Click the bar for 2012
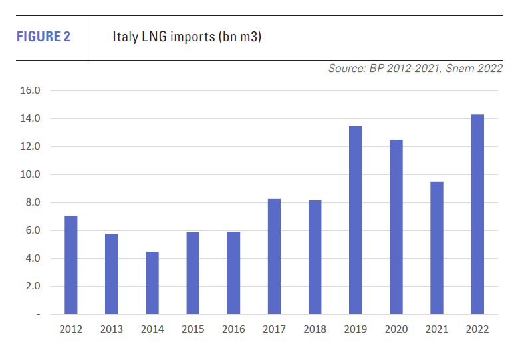pos(70,265)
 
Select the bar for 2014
pos(152,283)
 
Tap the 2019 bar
pos(355,220)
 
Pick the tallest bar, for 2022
pos(477,214)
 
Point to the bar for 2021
pos(437,248)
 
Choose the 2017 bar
pos(274,256)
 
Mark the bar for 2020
pos(396,227)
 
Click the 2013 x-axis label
pos(111,329)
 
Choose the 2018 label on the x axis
pos(315,329)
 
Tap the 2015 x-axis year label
pos(192,329)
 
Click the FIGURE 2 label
pos(43,37)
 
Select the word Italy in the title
pos(124,37)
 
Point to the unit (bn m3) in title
pos(239,37)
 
